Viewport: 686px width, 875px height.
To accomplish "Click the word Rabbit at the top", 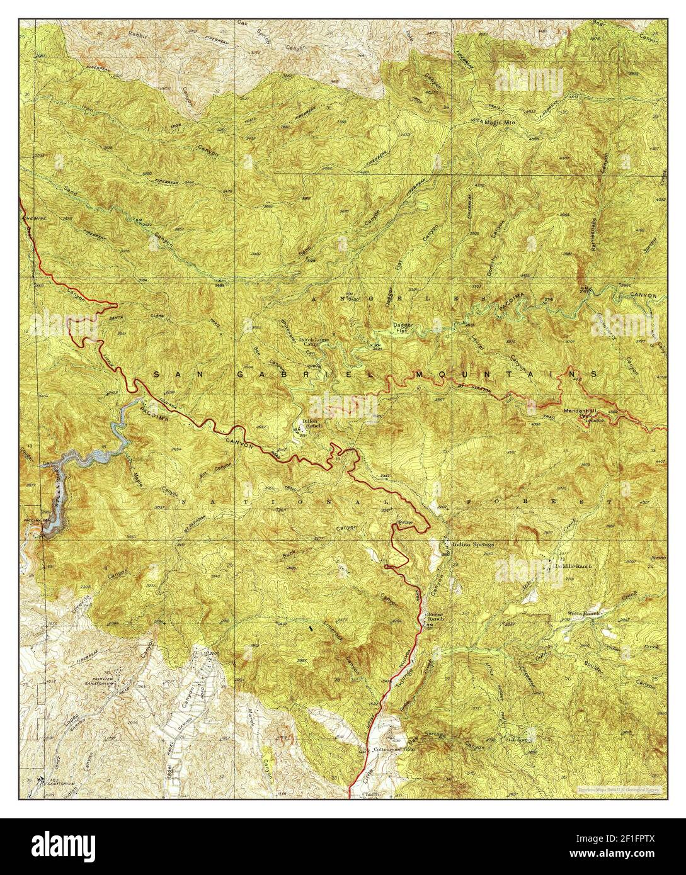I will click(x=137, y=33).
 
